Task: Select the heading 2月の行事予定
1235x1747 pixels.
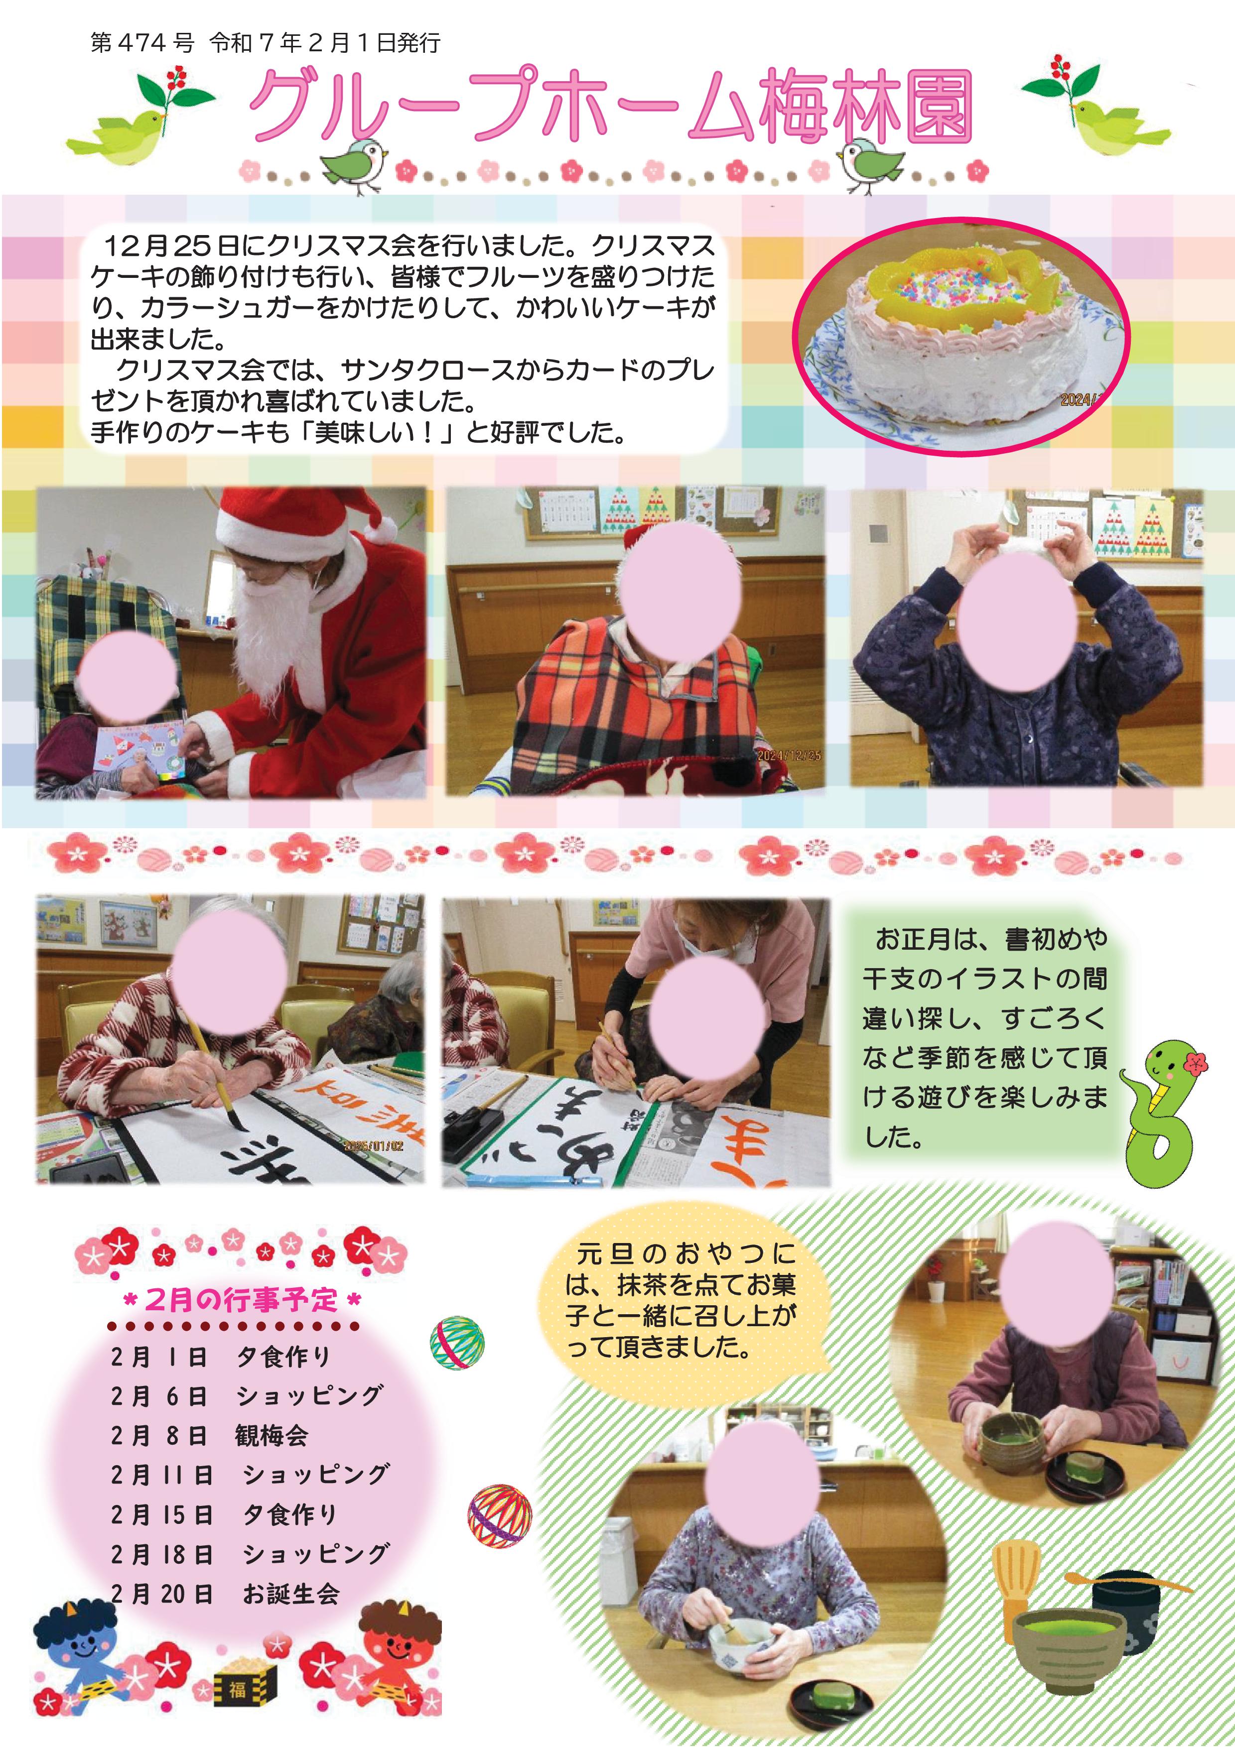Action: coord(241,1300)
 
